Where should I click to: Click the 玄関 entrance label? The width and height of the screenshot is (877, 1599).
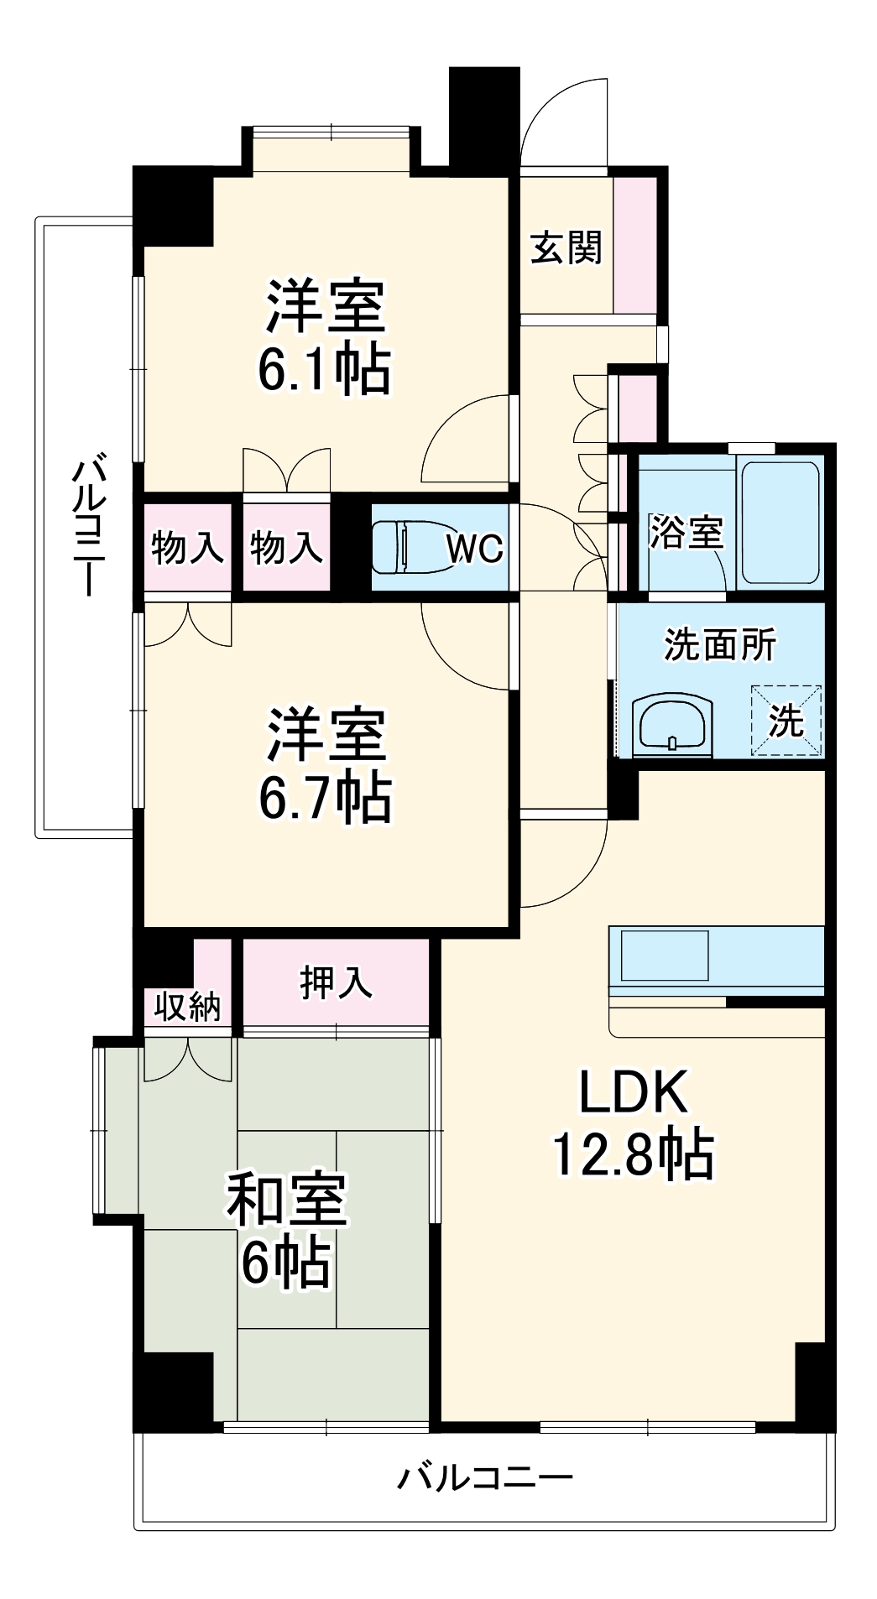(566, 247)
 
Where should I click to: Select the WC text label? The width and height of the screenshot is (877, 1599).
(474, 549)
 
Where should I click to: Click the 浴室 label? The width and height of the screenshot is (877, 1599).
(686, 532)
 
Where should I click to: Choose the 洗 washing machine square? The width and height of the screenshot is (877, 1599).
(786, 721)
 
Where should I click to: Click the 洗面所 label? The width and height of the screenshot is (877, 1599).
(719, 644)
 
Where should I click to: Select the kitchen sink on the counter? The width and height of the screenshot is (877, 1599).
(663, 955)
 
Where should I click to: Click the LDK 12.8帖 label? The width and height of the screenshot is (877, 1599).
(633, 1123)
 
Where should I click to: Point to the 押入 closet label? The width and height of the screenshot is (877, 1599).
(336, 982)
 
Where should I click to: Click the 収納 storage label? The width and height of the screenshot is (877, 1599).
(187, 1006)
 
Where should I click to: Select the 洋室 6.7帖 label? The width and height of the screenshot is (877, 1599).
(324, 764)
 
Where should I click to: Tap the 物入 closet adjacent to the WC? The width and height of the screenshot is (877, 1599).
(286, 548)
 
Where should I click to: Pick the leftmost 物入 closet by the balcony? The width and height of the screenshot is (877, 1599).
(187, 548)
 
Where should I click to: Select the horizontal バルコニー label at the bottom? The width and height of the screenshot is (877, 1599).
(484, 1477)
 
